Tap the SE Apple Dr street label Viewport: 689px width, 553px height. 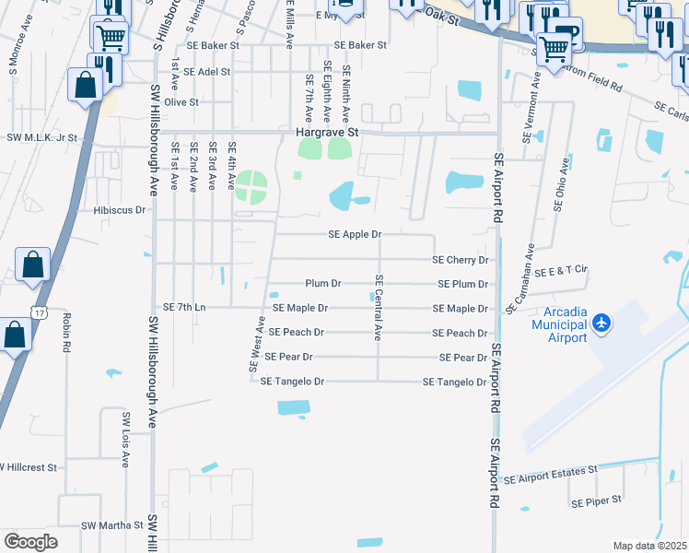point(355,235)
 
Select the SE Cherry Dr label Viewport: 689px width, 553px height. point(460,260)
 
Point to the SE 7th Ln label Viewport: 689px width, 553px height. point(184,306)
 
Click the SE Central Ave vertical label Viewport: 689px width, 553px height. point(378,308)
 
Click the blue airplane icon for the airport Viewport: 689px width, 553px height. point(601,322)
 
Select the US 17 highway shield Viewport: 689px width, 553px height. point(38,313)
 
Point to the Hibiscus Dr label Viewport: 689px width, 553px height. point(120,210)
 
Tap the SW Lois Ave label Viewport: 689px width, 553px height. point(126,440)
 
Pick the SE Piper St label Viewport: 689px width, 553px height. point(597,502)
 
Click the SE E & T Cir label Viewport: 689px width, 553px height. point(561,269)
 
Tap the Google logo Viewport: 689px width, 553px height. point(30,541)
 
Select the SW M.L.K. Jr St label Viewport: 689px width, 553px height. point(43,137)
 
